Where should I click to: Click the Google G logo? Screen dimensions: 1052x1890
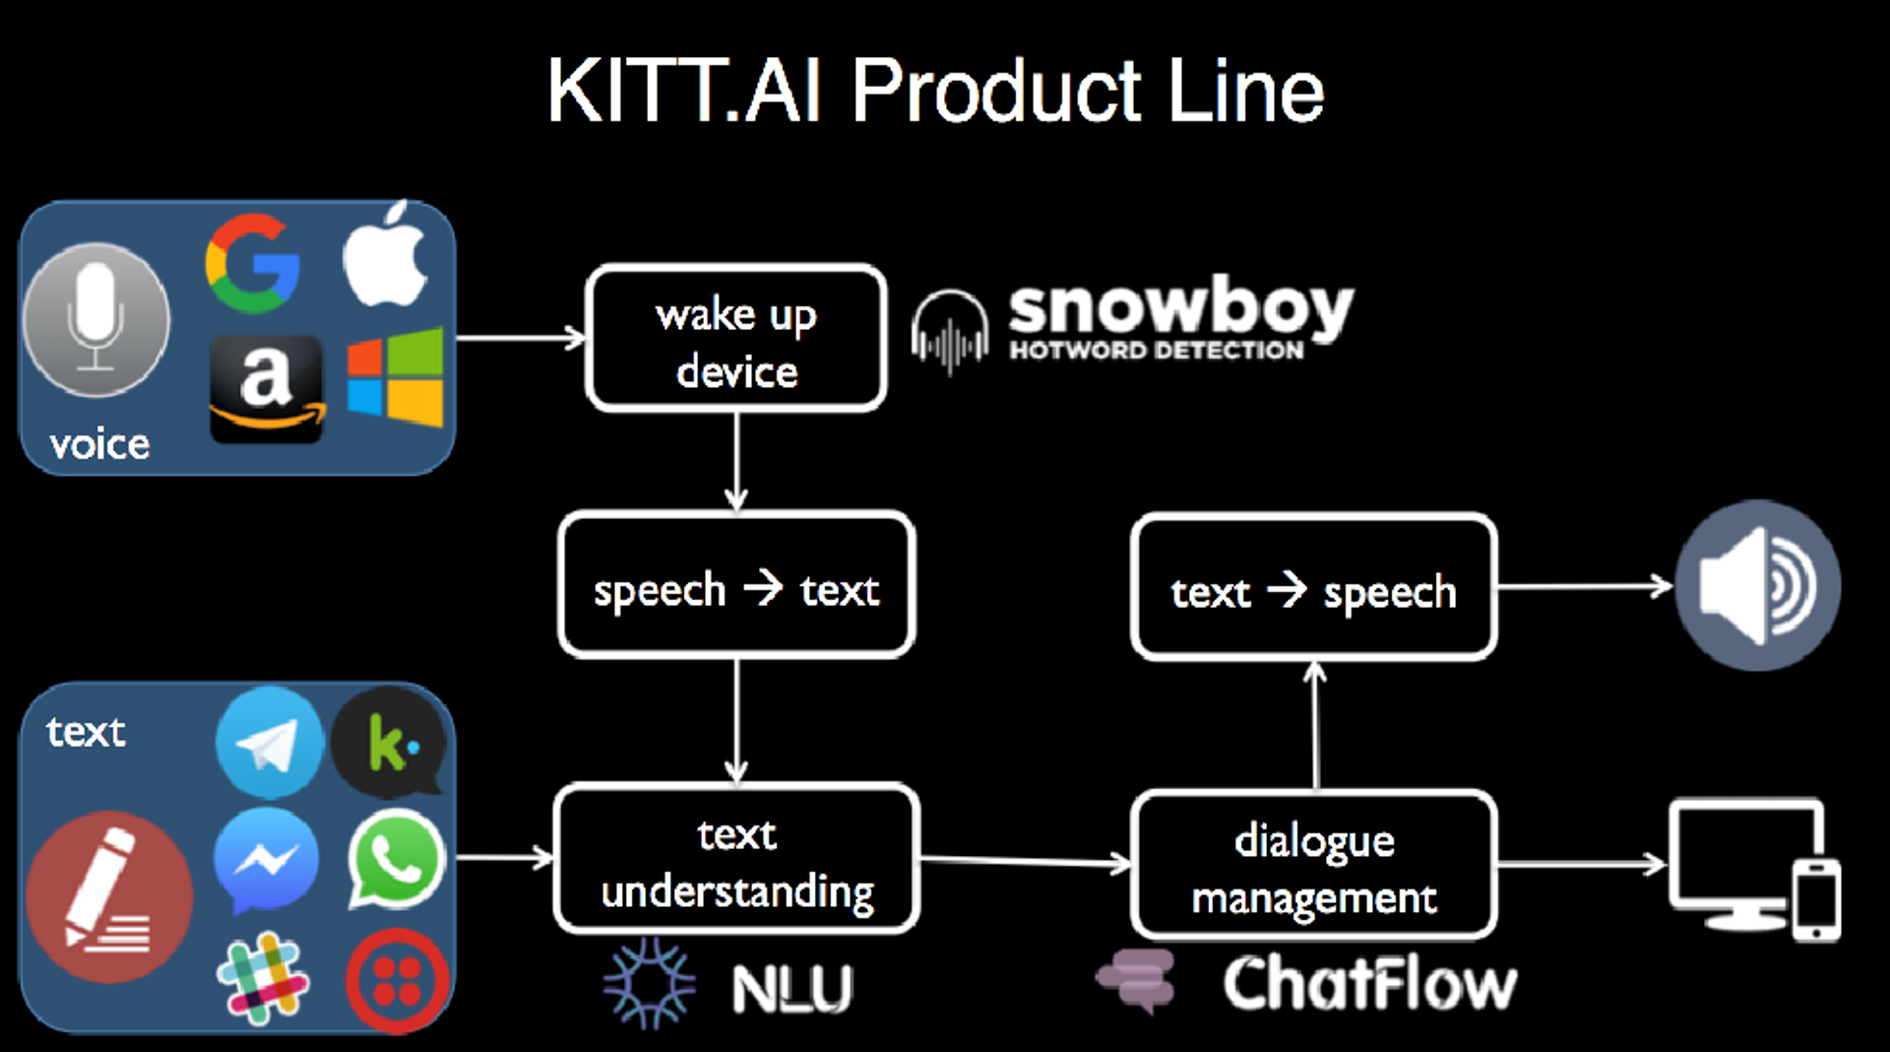[253, 263]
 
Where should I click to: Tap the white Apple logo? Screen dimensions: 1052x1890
[385, 257]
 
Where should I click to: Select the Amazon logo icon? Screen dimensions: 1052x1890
[266, 388]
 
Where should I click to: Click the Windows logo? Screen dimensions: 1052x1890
[396, 377]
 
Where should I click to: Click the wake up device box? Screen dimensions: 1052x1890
[735, 339]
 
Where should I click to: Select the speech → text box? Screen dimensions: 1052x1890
[735, 587]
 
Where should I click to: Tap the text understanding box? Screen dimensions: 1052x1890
[735, 860]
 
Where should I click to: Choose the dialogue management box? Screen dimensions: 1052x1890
[1313, 867]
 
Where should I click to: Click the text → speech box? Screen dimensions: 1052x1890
[1313, 589]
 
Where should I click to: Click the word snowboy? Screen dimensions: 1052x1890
[1180, 308]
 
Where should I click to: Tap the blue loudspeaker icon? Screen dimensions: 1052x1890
[1757, 586]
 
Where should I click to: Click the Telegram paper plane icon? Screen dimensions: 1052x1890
[268, 744]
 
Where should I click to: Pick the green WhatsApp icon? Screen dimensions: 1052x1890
[396, 859]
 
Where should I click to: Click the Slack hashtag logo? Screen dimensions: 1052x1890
[262, 979]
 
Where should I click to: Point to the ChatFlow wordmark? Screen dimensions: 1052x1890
[1369, 983]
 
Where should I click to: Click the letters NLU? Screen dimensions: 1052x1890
[792, 988]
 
